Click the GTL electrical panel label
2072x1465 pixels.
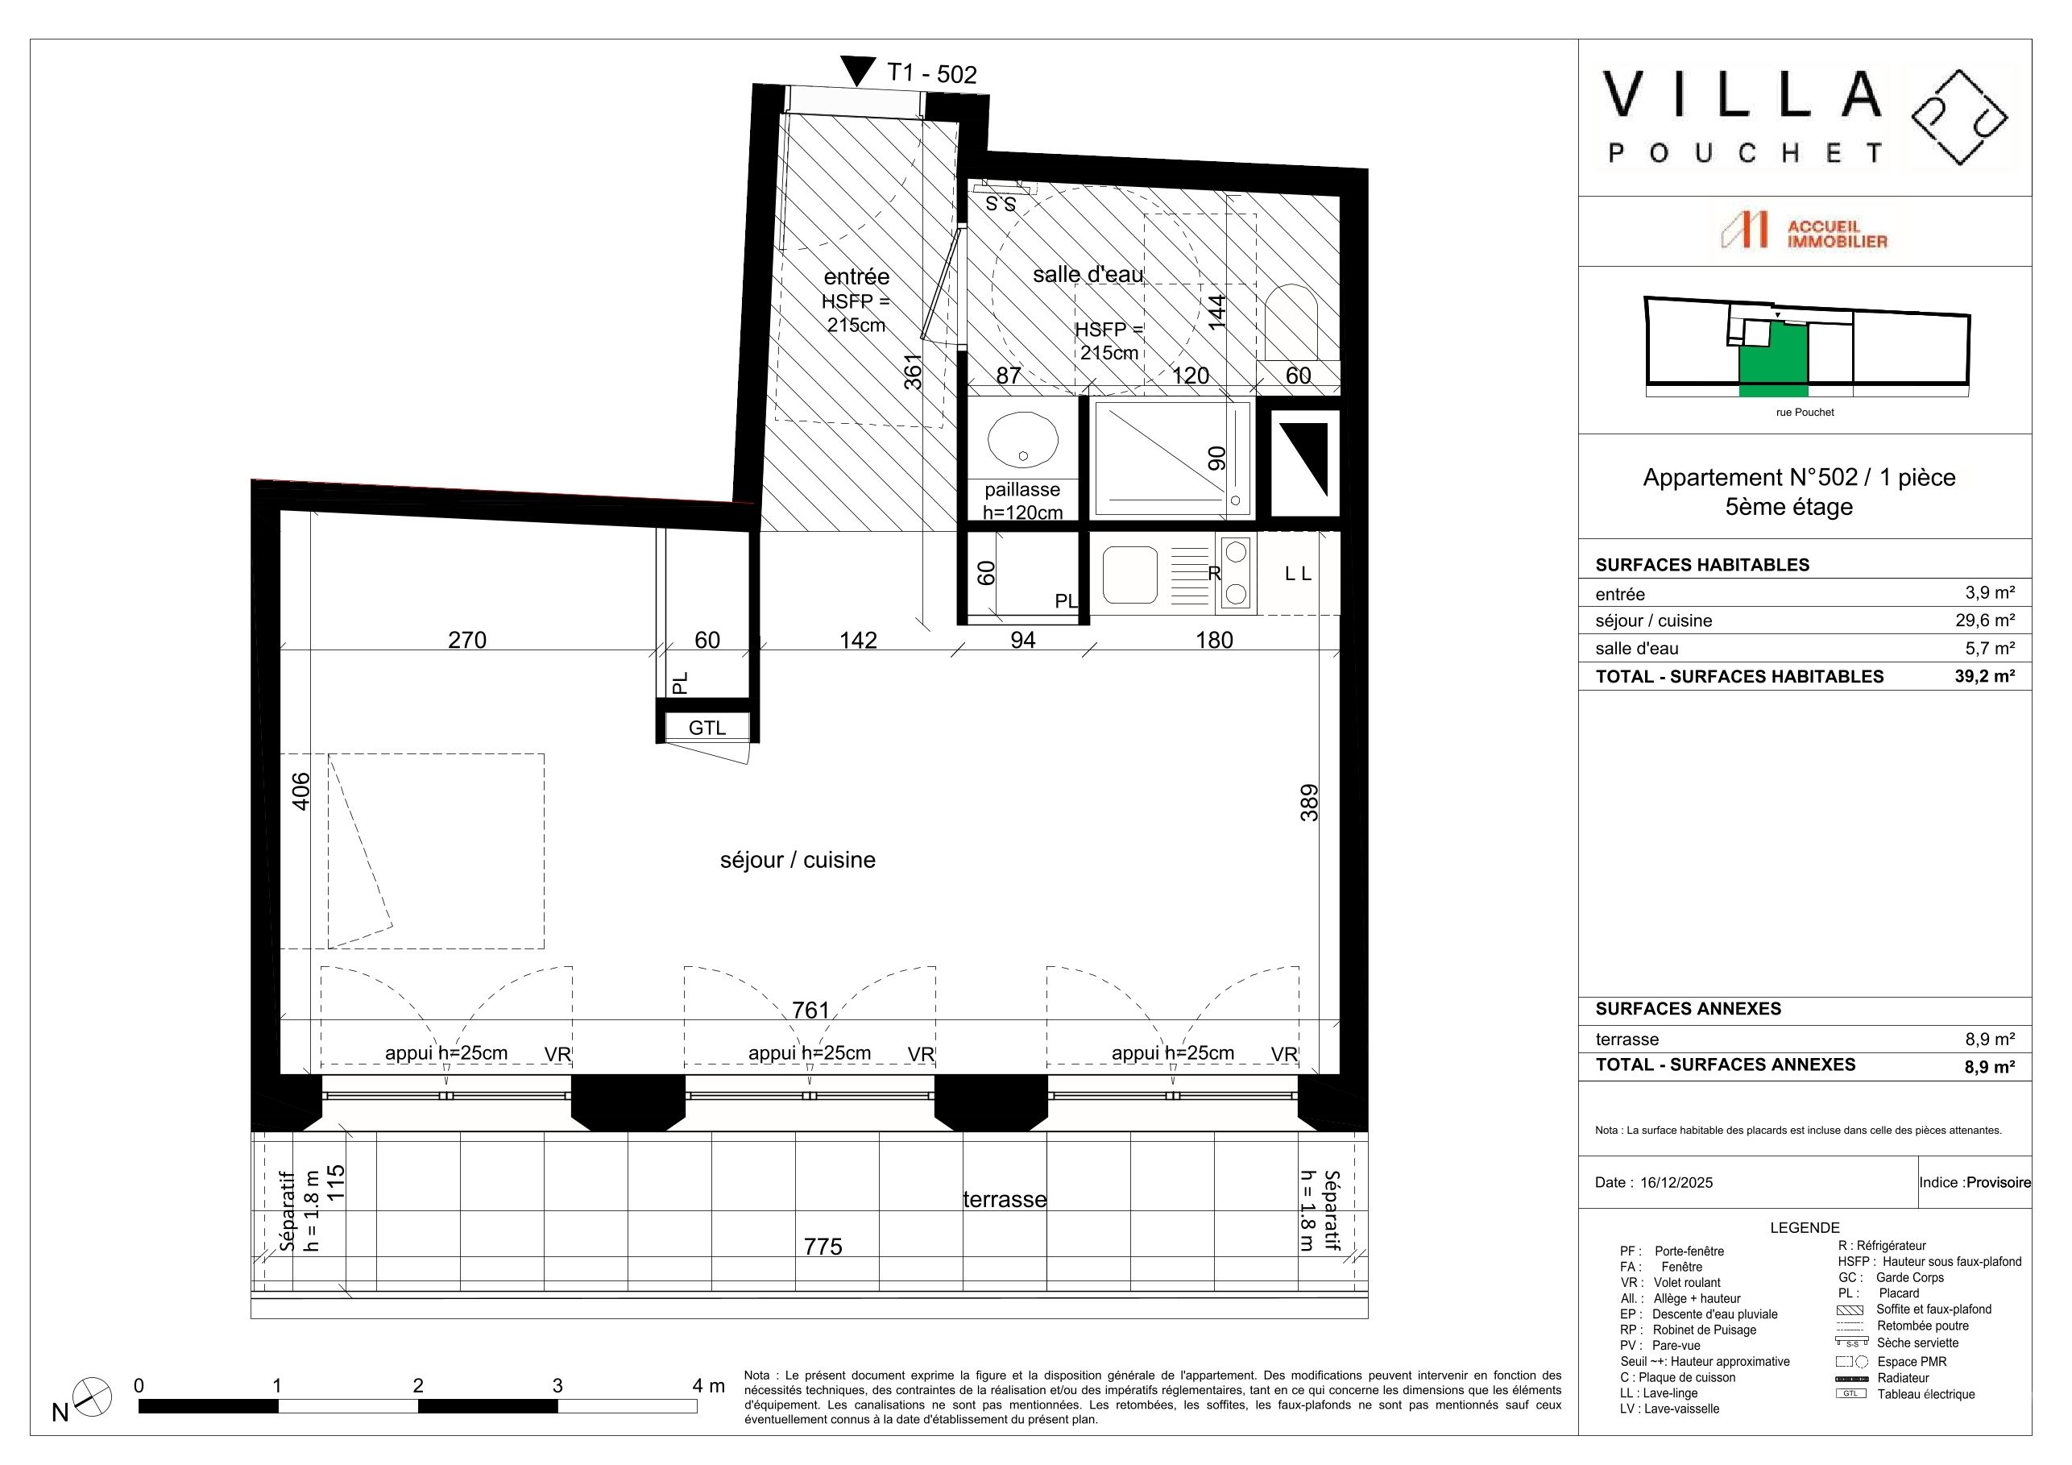707,728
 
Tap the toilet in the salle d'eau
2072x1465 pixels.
1291,322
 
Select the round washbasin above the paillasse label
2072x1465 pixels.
1022,440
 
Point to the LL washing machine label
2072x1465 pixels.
1298,573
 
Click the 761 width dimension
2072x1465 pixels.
810,1010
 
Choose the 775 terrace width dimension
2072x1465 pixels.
823,1247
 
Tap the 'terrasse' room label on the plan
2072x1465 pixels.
1005,1200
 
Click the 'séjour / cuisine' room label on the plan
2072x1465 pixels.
798,861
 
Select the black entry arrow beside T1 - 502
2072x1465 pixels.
857,70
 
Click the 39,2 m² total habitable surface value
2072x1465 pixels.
1984,676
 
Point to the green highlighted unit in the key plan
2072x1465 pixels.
1773,359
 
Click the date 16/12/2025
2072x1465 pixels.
1676,1182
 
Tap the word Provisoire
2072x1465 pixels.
1999,1182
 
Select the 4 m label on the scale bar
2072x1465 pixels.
708,1385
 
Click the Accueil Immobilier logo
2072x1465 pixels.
1804,232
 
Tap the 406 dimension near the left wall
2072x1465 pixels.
300,791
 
